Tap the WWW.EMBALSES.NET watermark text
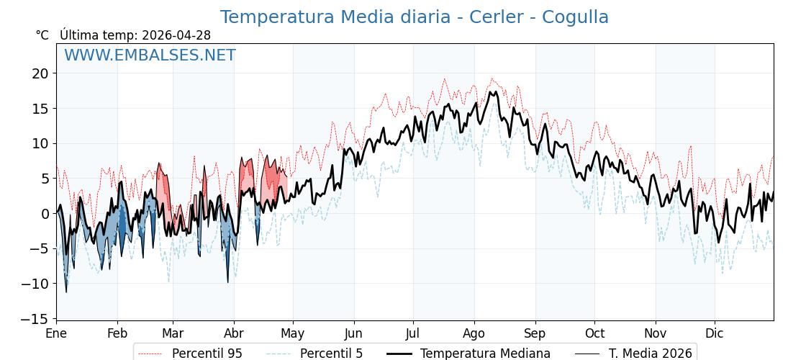click(x=150, y=55)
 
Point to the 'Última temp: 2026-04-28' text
click(x=135, y=35)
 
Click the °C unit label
click(x=42, y=35)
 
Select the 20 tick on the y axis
click(x=40, y=73)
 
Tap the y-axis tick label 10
click(x=40, y=143)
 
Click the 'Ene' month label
click(x=56, y=333)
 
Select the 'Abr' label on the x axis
click(x=234, y=333)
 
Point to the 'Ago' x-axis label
click(x=474, y=333)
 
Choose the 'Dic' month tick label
click(x=715, y=333)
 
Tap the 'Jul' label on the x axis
click(x=413, y=333)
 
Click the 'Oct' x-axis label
click(x=594, y=333)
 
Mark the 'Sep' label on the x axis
click(x=535, y=333)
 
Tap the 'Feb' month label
click(x=117, y=333)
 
